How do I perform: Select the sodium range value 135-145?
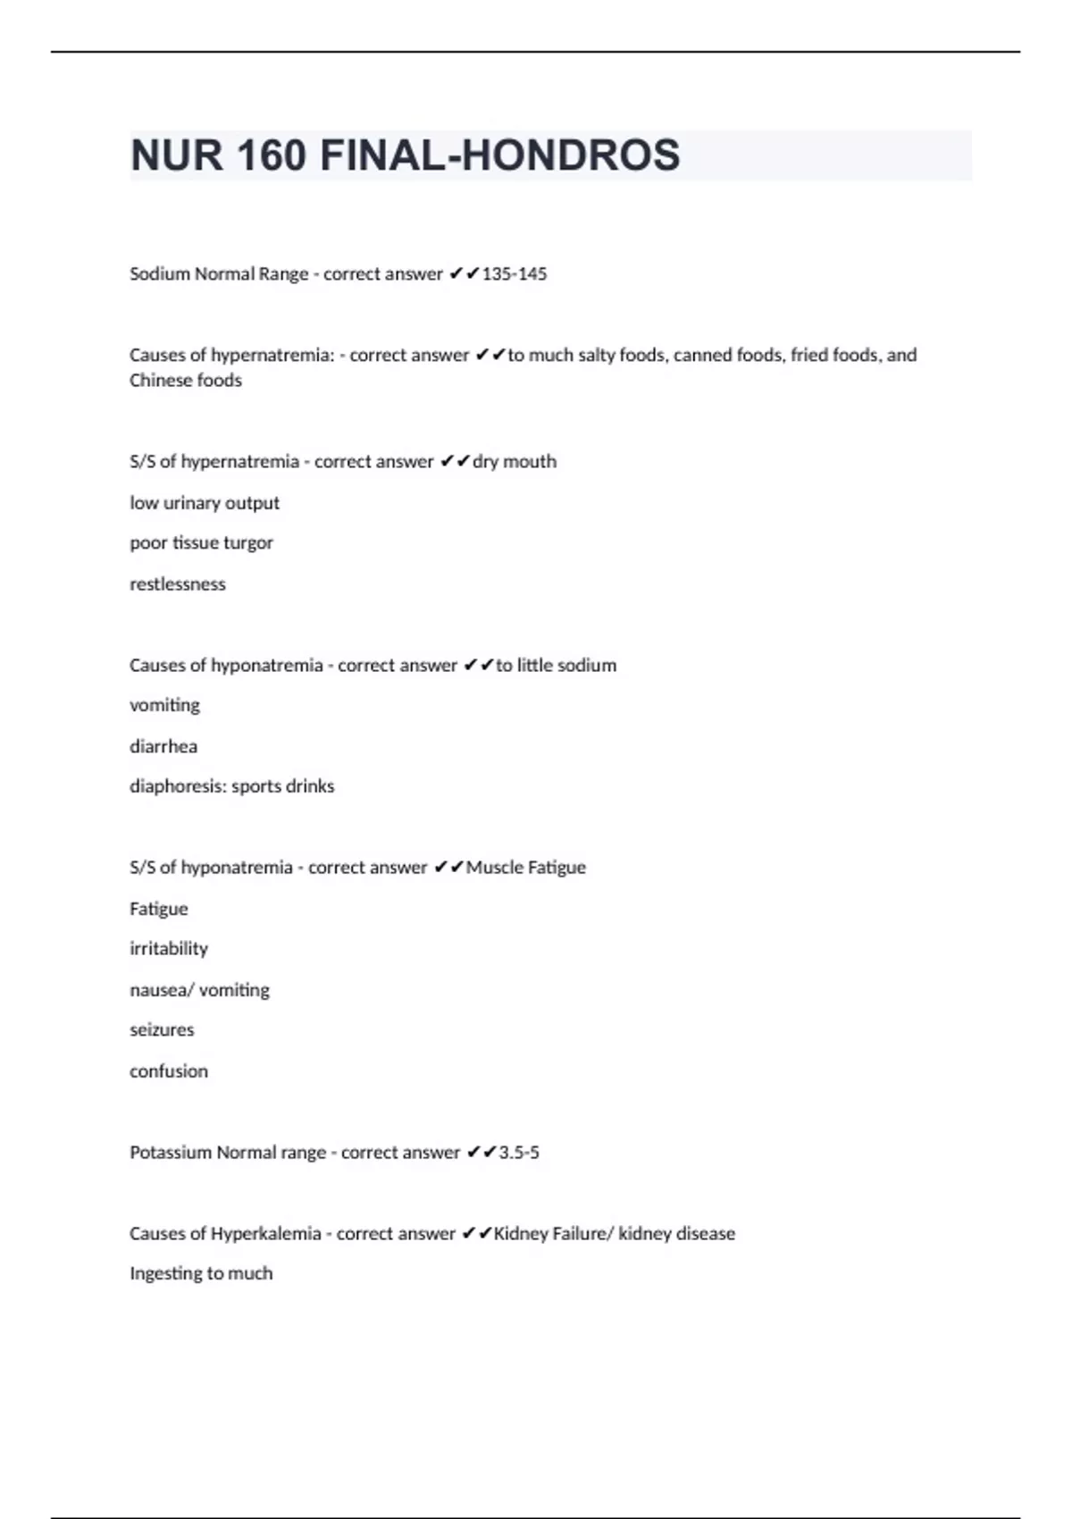tap(514, 274)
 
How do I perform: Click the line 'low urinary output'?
tap(205, 503)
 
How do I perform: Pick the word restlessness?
tap(178, 584)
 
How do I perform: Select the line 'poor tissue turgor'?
tap(201, 543)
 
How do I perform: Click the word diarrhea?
tap(163, 746)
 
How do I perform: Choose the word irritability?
tap(169, 949)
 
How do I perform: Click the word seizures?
tap(162, 1030)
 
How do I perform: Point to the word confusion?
tap(169, 1071)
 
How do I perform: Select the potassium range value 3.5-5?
tap(519, 1153)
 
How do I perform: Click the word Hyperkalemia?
tap(265, 1234)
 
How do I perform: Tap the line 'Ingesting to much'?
tap(201, 1274)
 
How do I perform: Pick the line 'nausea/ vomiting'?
tap(199, 990)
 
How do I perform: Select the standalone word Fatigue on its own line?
tap(159, 909)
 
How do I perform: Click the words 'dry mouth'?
tap(515, 462)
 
